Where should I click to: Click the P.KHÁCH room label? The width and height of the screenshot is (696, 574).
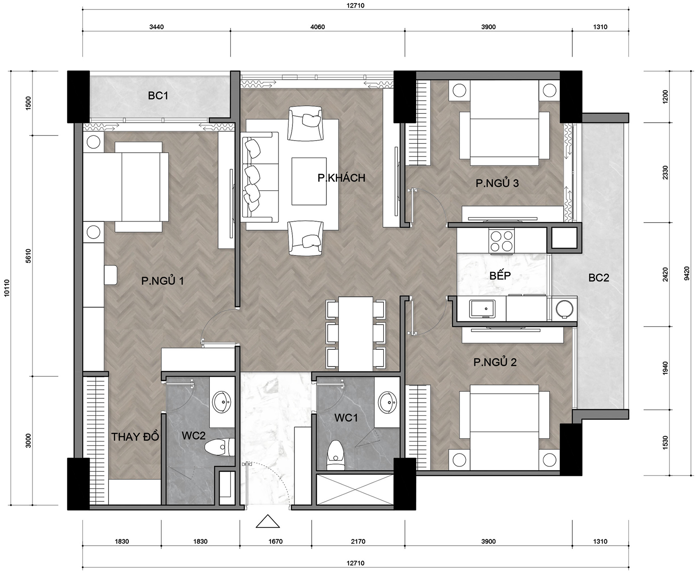341,178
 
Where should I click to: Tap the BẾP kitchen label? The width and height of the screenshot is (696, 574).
500,275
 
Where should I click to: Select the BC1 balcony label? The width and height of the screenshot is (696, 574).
158,96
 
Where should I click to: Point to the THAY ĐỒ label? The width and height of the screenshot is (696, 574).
135,437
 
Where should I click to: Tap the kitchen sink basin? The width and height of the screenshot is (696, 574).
482,309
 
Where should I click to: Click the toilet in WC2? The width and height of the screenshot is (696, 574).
219,447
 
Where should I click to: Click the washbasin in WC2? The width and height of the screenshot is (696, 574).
221,402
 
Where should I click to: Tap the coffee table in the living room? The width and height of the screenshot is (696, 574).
309,181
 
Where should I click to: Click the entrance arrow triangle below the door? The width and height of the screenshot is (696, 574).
268,521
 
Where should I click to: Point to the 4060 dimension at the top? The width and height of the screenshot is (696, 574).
318,27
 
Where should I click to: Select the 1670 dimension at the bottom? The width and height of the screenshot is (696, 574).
275,541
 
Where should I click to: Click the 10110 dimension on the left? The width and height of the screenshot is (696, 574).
7,288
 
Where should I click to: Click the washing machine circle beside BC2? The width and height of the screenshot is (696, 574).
564,309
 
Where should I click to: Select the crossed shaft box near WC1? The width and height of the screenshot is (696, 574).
355,490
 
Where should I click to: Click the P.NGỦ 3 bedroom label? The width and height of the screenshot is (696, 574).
497,183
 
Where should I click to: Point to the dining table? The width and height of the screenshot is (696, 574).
356,334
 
